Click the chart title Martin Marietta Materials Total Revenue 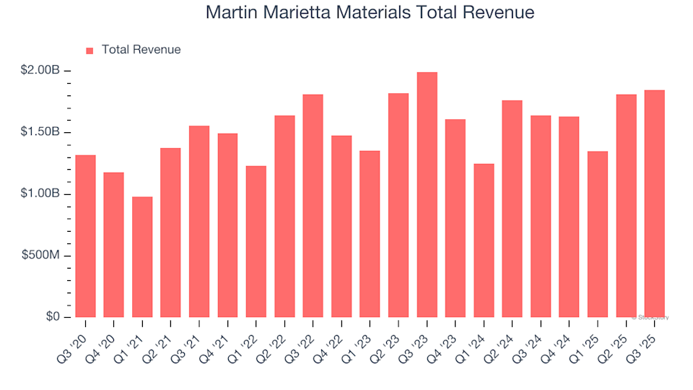pos(370,13)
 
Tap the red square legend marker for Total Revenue pos(90,51)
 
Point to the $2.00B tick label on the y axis pos(40,71)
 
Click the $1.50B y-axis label pos(40,133)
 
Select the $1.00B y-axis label pos(40,194)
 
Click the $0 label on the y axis pos(51,318)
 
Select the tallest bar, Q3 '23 pos(427,195)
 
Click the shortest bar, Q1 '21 pos(142,257)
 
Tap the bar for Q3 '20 pos(85,236)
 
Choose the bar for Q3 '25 pos(654,204)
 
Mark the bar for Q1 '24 pos(484,240)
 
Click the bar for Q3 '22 pos(313,206)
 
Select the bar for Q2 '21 pos(170,233)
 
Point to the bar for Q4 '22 pos(341,227)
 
